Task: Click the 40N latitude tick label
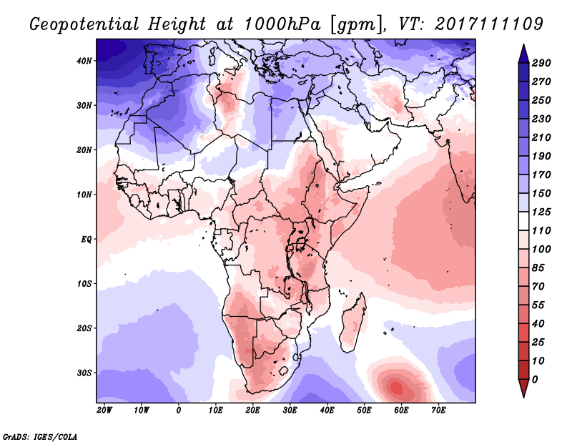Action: coord(85,61)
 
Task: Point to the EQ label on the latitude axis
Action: coord(87,239)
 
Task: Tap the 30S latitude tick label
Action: coord(85,373)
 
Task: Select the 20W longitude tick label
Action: coord(104,411)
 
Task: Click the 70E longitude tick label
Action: coord(439,411)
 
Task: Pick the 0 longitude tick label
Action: coord(179,411)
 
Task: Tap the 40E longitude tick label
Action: coord(327,411)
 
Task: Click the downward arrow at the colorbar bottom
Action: coord(523,390)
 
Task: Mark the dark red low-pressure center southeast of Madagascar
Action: coord(398,388)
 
